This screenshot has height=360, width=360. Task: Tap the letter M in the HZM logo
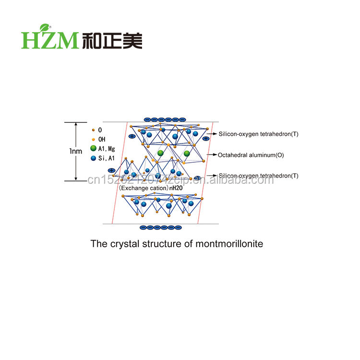(x=67, y=40)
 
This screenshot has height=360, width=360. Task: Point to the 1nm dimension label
(x=75, y=151)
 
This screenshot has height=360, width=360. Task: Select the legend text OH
(x=101, y=139)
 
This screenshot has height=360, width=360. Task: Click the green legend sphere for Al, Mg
(x=93, y=148)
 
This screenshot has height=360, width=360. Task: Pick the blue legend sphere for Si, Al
(x=93, y=157)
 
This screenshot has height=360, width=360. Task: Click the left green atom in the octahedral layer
(x=161, y=154)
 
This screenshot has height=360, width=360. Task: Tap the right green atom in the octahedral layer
(x=187, y=154)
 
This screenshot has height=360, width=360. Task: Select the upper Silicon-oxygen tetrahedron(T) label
(x=258, y=134)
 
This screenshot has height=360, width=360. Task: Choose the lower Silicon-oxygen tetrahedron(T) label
(x=258, y=176)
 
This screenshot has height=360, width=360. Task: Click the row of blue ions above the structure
(x=165, y=119)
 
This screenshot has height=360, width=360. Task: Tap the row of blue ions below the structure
(x=161, y=227)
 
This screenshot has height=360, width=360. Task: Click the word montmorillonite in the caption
(x=229, y=243)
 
